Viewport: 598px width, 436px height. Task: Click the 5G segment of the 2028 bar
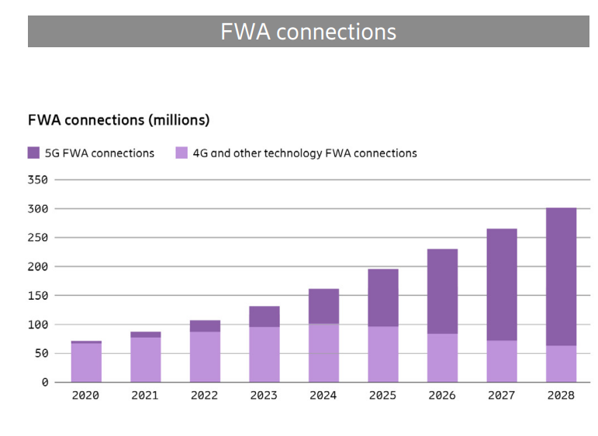[x=561, y=276]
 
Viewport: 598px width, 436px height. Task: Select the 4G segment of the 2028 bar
[x=561, y=364]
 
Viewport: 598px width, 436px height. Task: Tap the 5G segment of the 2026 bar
[x=442, y=291]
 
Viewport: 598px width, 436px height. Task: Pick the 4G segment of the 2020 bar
[x=86, y=362]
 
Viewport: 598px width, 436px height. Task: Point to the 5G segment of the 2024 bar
[x=323, y=306]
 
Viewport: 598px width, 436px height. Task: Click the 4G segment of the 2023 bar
[x=264, y=355]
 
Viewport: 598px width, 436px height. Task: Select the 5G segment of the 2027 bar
[x=502, y=284]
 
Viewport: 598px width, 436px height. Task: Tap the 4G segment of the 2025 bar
[x=383, y=355]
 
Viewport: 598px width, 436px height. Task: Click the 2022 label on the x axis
[x=205, y=396]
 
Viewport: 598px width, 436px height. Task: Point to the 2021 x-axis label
[x=145, y=396]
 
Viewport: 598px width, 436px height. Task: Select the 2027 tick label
[x=502, y=396]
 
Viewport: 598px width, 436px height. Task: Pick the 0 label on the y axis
[x=45, y=383]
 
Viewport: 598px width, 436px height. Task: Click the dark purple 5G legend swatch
[x=34, y=153]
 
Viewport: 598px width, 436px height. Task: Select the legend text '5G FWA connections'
[x=99, y=153]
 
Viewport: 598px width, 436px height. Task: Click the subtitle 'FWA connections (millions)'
[x=119, y=120]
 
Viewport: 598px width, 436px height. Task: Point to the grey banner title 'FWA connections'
[x=308, y=32]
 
